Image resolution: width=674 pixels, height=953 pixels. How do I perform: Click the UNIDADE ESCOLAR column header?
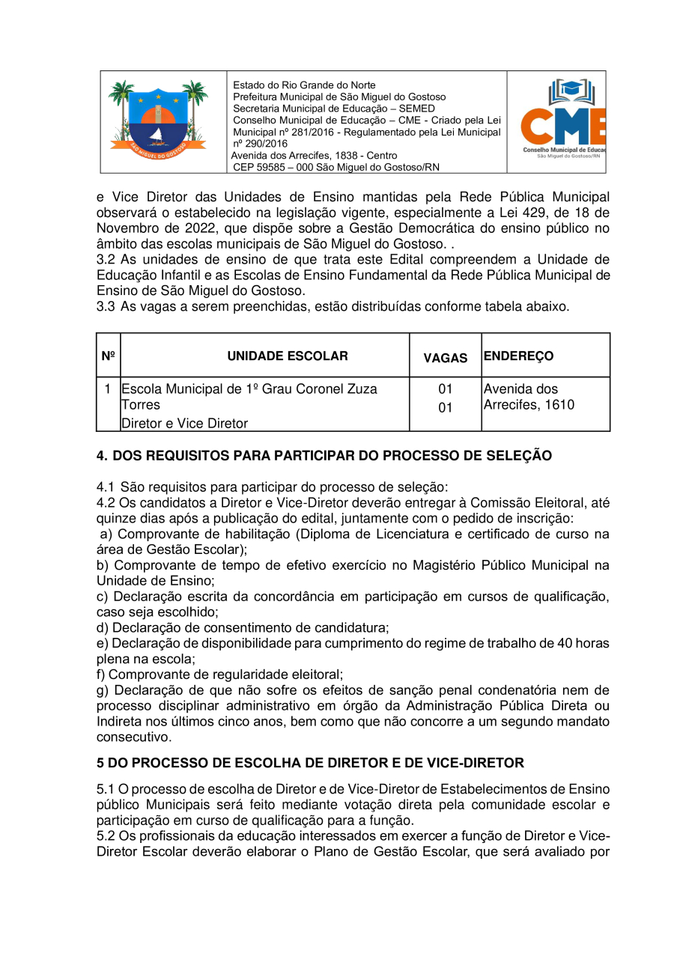(x=288, y=356)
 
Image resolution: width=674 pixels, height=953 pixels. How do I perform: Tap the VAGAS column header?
(x=446, y=358)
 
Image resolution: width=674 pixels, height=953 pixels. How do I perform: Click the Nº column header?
(x=108, y=356)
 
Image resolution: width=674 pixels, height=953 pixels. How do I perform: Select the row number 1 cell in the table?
(x=108, y=389)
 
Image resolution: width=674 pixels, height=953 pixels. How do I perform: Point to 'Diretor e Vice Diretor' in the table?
(x=184, y=424)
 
